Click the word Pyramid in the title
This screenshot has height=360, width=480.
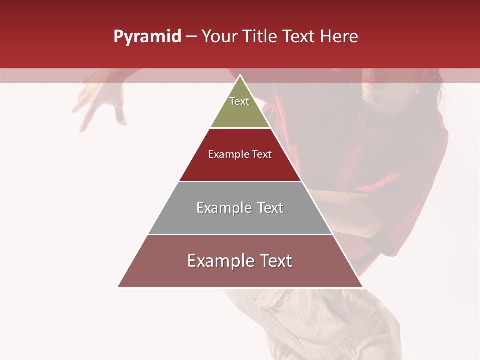pyautogui.click(x=147, y=37)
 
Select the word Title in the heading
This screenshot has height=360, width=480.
pyautogui.click(x=263, y=37)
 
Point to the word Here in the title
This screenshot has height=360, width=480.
pyautogui.click(x=339, y=37)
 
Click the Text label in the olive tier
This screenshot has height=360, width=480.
pyautogui.click(x=239, y=101)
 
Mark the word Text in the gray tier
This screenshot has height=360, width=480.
pyautogui.click(x=270, y=208)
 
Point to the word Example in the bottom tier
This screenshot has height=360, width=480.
pyautogui.click(x=220, y=261)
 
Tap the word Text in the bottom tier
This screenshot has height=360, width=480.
pyautogui.click(x=275, y=261)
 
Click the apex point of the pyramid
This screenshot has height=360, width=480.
pyautogui.click(x=240, y=75)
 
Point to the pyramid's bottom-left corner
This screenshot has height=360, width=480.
pyautogui.click(x=118, y=287)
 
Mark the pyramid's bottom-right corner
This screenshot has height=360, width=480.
pyautogui.click(x=362, y=287)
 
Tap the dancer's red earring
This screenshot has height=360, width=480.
pyautogui.click(x=417, y=91)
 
